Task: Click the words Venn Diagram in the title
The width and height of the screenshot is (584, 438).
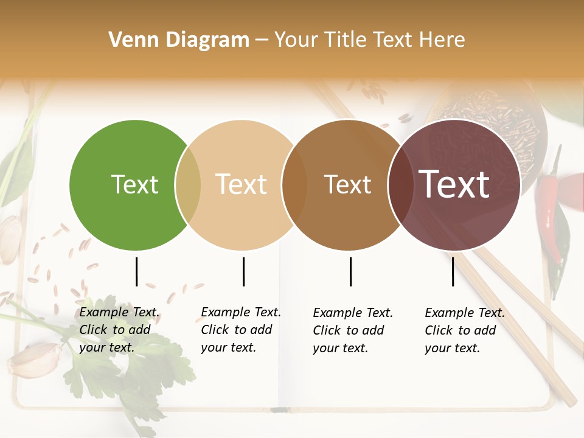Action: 179,40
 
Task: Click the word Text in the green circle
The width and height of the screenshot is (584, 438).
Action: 134,184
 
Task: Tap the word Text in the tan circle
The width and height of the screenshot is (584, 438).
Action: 241,184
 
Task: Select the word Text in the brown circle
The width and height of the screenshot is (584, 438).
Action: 347,184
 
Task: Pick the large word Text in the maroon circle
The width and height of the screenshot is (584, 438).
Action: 454,184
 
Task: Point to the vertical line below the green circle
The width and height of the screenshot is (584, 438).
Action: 136,271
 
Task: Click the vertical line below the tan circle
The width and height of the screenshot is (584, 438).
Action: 243,271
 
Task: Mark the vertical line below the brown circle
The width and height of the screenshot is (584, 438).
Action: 350,271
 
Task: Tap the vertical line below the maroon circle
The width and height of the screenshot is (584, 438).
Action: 453,271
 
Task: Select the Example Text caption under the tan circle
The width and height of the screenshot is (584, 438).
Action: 241,330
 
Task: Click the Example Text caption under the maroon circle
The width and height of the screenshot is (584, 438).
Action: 465,330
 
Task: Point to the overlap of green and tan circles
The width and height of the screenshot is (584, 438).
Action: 188,185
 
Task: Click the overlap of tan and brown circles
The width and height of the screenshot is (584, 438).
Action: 294,185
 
